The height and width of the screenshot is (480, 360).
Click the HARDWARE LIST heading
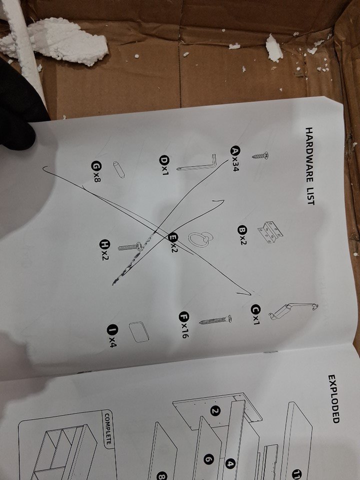click(310, 166)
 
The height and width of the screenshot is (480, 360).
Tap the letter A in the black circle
click(235, 151)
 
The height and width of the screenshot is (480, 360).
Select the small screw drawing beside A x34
click(260, 156)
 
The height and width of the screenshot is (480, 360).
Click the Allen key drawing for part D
click(197, 163)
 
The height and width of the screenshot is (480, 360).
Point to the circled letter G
click(96, 165)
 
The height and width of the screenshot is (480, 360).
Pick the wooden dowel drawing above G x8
click(119, 169)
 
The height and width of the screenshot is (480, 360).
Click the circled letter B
click(242, 230)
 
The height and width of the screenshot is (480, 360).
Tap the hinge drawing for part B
click(270, 232)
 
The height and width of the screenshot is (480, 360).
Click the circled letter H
click(104, 244)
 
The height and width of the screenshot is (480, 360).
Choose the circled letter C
click(255, 309)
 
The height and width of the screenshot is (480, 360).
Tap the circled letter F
click(183, 316)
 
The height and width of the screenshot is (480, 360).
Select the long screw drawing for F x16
click(215, 320)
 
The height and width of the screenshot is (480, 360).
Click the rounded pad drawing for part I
click(139, 332)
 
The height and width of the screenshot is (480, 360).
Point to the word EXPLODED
click(334, 399)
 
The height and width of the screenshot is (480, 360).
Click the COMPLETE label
click(108, 428)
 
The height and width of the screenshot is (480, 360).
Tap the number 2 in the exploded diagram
click(215, 411)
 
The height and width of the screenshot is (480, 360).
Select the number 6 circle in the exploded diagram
click(208, 459)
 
